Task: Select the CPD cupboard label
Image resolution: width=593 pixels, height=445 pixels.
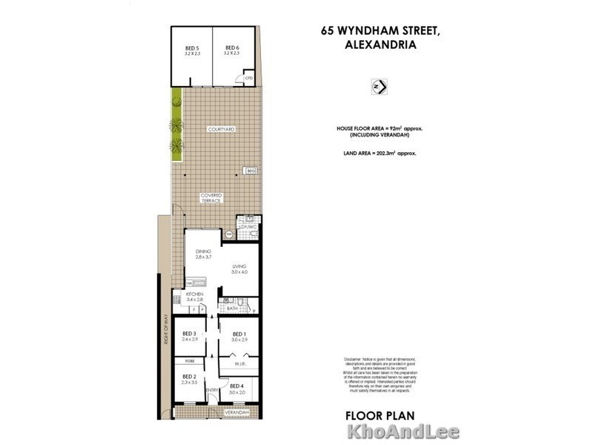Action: [x=249, y=77]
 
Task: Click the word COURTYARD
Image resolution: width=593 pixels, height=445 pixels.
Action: [x=221, y=130]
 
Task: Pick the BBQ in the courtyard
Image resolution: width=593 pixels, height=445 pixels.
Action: [x=251, y=171]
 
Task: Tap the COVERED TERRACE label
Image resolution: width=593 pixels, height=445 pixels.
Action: [x=212, y=198]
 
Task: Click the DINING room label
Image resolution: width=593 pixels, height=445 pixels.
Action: [x=204, y=252]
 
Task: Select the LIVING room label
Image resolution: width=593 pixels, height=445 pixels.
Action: [x=239, y=267]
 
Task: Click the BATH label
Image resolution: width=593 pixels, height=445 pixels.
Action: [x=231, y=307]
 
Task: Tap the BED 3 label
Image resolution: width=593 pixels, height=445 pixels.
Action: [x=189, y=334]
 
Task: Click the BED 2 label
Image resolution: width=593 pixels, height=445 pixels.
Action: [x=189, y=377]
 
